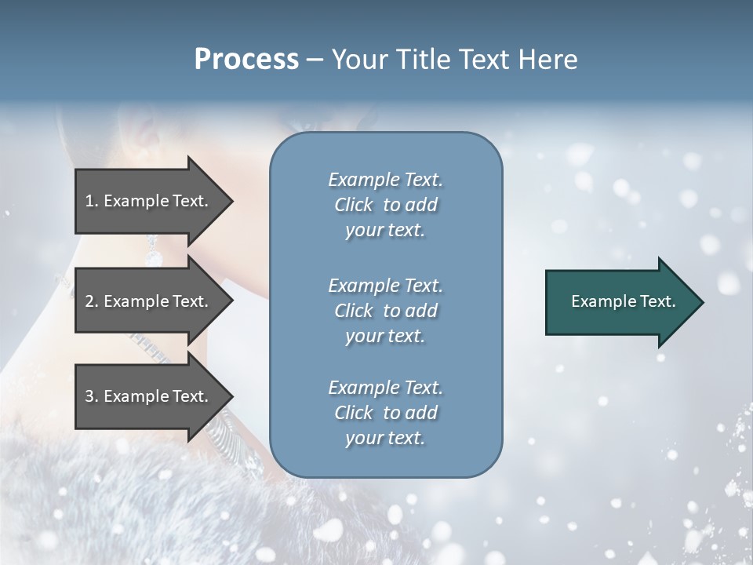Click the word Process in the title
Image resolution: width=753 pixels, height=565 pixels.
(x=246, y=60)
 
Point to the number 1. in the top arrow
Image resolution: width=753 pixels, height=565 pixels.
(x=92, y=201)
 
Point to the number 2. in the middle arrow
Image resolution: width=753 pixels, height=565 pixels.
(x=92, y=301)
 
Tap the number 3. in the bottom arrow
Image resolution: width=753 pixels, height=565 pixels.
(x=92, y=396)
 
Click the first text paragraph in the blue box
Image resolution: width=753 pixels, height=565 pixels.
(x=385, y=205)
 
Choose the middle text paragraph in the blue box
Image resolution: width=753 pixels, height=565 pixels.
(x=385, y=311)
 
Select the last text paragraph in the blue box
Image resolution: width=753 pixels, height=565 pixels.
(x=385, y=413)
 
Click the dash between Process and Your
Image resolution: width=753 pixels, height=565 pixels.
(x=315, y=60)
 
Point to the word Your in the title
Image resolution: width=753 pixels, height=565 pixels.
(x=355, y=60)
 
